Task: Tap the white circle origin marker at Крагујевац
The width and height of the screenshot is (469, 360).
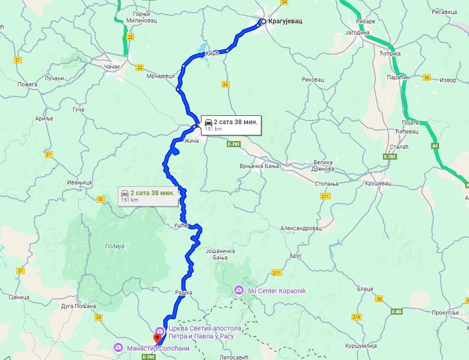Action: [263, 22]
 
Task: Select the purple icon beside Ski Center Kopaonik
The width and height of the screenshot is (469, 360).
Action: [238, 290]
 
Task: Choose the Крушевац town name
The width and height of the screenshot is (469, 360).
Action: [377, 182]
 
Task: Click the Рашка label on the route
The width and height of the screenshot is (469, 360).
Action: [184, 293]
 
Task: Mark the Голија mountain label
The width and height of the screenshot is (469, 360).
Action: [114, 246]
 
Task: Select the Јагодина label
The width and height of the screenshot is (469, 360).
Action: [358, 33]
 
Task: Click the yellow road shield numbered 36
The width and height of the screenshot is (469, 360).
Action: [427, 78]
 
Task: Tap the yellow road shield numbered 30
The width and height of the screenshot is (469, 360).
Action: [100, 199]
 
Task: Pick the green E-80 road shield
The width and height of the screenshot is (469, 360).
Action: [397, 311]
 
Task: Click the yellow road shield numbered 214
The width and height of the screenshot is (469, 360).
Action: [357, 317]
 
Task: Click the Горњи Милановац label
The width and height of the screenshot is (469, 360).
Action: [146, 17]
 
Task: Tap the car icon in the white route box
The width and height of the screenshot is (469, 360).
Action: [208, 122]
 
